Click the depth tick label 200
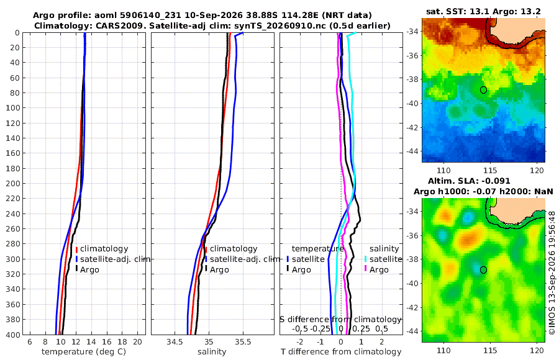[13, 183]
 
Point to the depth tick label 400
[13, 335]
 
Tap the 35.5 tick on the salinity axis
[243, 342]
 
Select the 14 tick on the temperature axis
[91, 342]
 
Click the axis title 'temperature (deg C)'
[84, 352]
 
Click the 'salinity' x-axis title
[212, 352]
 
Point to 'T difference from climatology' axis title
[341, 352]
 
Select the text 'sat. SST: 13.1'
[458, 11]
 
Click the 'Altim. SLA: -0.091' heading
[469, 181]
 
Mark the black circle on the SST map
[483, 90]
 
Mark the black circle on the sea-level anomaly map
[483, 270]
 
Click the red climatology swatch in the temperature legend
[76, 249]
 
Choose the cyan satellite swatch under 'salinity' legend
[366, 259]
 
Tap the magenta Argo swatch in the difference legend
[366, 269]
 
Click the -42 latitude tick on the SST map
[413, 127]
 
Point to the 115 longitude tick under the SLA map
[491, 351]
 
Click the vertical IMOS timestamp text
[552, 272]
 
